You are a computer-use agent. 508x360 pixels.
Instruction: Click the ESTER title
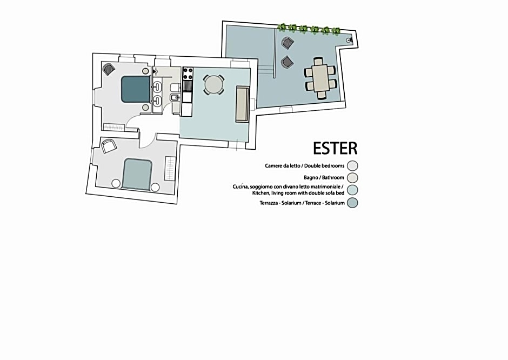[335, 148]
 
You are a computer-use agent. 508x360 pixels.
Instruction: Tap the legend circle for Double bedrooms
[353, 166]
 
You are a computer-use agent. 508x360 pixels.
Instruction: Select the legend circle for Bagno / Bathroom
[353, 177]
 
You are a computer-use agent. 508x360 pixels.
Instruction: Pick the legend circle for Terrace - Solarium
[353, 203]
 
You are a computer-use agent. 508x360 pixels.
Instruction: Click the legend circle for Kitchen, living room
[353, 190]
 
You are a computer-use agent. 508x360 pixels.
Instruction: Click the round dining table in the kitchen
[213, 84]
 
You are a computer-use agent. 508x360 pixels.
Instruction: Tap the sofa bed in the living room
[242, 104]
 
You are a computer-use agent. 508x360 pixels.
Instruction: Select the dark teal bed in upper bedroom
[135, 89]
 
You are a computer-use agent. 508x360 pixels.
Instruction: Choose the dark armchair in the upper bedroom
[109, 69]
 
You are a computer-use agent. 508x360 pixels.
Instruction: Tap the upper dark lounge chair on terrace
[287, 43]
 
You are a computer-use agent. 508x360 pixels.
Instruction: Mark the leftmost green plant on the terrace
[282, 28]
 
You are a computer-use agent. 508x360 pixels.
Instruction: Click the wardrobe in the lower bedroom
[170, 169]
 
